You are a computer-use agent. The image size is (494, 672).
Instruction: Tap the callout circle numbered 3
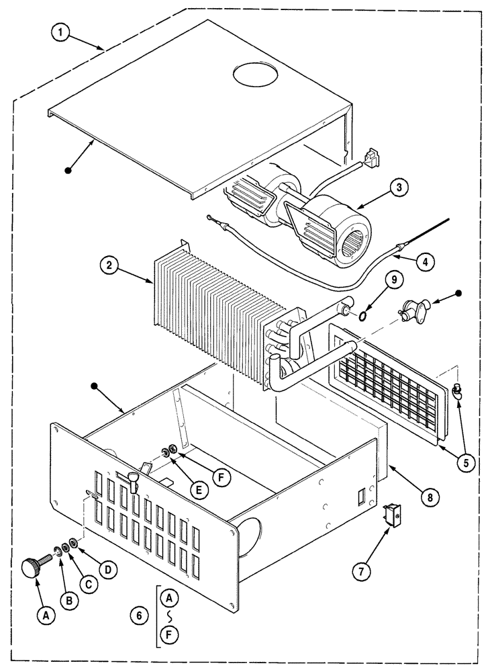coord(399,189)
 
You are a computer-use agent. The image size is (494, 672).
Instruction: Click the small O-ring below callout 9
coord(361,314)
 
